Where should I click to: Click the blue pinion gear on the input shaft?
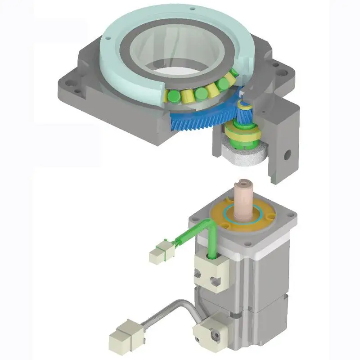point(246,116)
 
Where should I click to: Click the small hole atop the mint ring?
point(192,9)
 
